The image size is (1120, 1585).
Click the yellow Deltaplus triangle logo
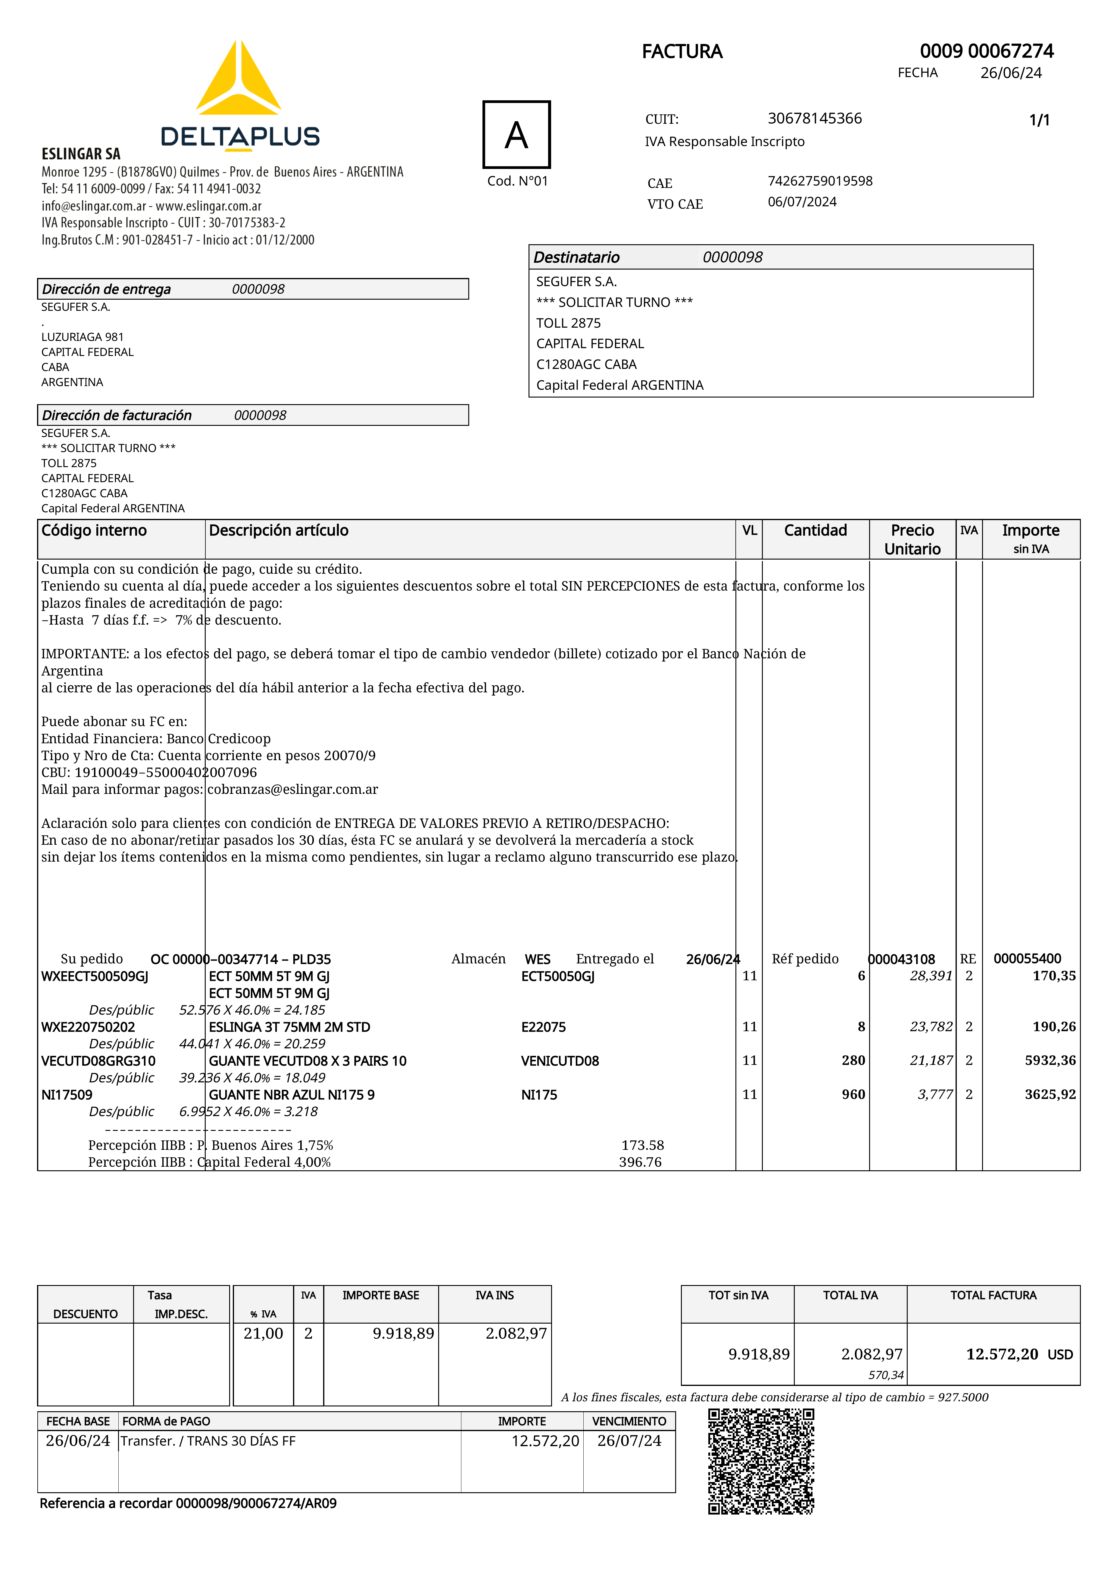(x=238, y=80)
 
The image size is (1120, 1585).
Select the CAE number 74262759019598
(x=820, y=181)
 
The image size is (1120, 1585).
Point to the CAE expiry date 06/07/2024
(x=802, y=201)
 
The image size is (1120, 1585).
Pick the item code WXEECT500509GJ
(x=95, y=976)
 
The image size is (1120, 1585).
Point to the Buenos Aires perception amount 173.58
(x=642, y=1145)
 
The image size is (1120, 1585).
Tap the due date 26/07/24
(x=629, y=1441)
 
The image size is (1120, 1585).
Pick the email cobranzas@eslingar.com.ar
(x=293, y=789)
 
